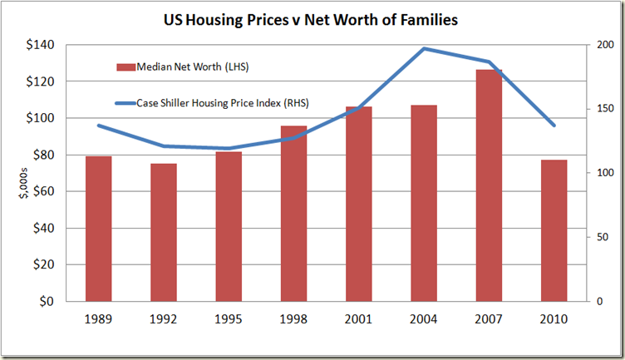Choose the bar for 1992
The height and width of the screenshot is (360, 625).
(163, 232)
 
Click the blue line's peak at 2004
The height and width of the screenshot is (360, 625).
(423, 48)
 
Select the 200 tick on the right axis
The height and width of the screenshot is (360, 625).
(602, 45)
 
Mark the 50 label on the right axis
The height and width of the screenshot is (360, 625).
(599, 237)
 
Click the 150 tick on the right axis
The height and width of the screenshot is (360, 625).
(602, 109)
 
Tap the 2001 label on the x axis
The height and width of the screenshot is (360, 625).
(358, 320)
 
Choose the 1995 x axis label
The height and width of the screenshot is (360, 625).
(229, 320)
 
